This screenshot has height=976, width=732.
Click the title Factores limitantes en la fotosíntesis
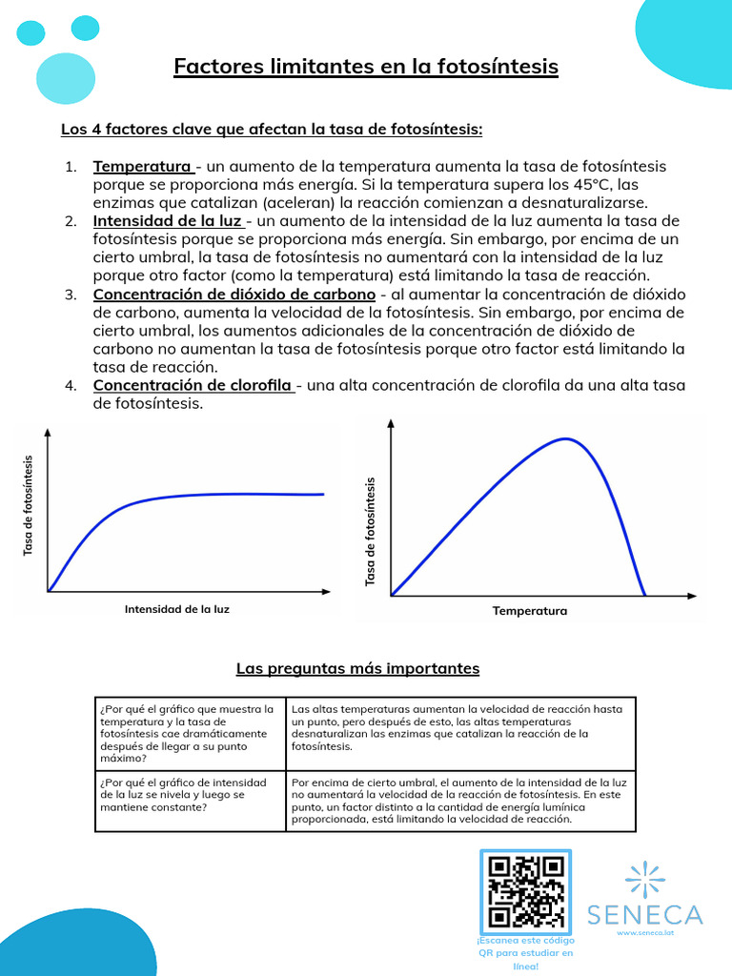click(366, 67)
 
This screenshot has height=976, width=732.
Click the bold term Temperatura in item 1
click(142, 167)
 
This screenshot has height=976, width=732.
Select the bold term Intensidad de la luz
click(167, 221)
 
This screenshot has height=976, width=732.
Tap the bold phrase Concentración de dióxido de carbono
click(234, 294)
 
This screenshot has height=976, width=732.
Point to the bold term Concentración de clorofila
click(192, 385)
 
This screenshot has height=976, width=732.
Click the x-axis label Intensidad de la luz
click(177, 608)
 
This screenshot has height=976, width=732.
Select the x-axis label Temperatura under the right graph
click(529, 611)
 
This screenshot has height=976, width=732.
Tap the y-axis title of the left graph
click(28, 505)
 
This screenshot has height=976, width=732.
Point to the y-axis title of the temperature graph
click(371, 531)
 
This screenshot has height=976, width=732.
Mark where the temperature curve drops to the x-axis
click(645, 596)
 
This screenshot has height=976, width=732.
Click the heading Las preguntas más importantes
click(357, 669)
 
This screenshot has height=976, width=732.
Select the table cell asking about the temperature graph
click(190, 733)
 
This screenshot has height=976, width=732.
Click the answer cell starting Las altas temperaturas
click(459, 728)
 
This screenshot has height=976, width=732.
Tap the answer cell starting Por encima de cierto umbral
click(459, 800)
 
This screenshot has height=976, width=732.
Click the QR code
click(525, 891)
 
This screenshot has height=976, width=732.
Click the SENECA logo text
click(645, 915)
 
